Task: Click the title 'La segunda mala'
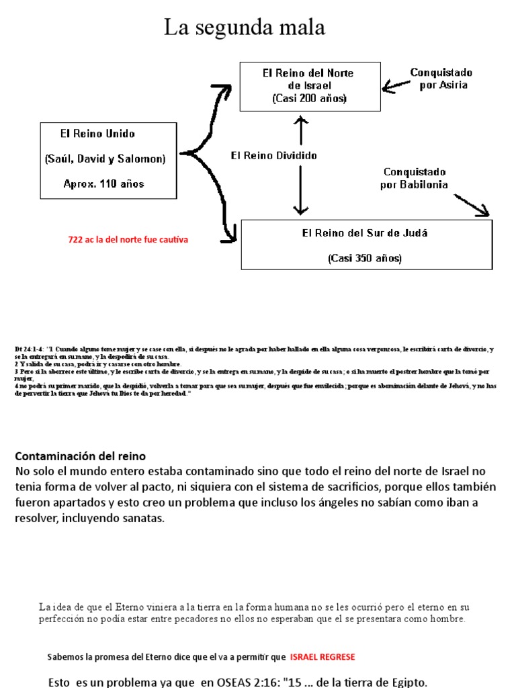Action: (x=245, y=28)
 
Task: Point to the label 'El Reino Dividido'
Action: (x=273, y=155)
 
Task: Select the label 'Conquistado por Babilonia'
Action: (x=414, y=178)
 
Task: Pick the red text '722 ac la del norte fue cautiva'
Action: (x=128, y=239)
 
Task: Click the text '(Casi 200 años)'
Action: (x=310, y=98)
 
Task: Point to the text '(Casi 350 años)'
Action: (x=365, y=257)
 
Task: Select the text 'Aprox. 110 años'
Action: (x=103, y=183)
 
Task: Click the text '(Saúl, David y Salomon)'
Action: (x=105, y=159)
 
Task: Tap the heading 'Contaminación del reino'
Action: (x=81, y=456)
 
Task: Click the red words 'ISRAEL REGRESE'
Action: (x=322, y=656)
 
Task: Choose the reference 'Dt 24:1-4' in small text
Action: (x=28, y=349)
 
